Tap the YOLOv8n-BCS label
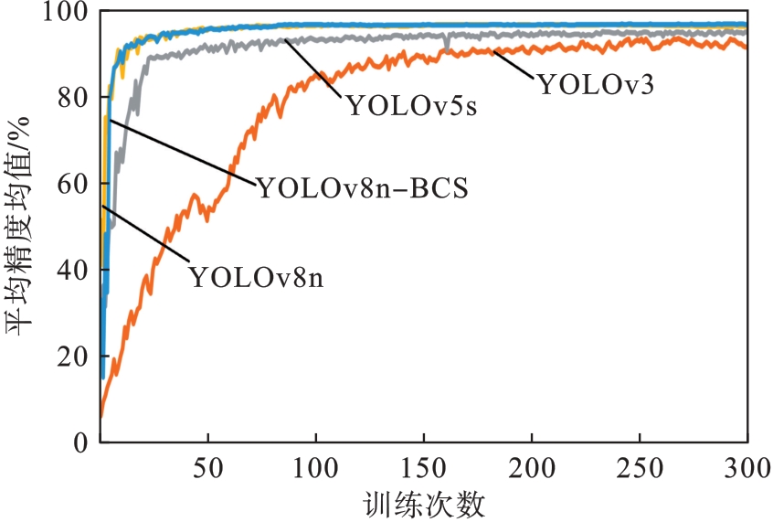[363, 189]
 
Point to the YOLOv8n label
[257, 275]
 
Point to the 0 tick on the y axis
[80, 442]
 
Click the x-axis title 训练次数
[422, 502]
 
